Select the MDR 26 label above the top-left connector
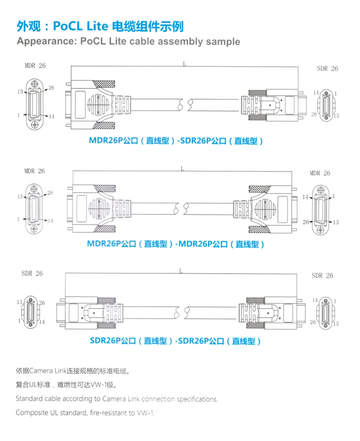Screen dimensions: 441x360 click(35, 65)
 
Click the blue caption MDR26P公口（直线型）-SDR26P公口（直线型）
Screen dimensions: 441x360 click(176, 141)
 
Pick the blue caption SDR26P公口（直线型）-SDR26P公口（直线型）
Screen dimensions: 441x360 click(175, 341)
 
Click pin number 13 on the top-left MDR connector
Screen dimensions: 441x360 click(20, 92)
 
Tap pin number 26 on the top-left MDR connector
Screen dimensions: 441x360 click(51, 88)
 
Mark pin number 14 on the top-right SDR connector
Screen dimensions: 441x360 click(315, 93)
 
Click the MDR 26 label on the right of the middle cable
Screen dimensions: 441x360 click(320, 173)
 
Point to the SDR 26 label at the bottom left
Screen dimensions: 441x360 click(32, 273)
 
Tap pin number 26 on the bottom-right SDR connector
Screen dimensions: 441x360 click(313, 322)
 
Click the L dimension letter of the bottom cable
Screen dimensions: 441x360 click(181, 271)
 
